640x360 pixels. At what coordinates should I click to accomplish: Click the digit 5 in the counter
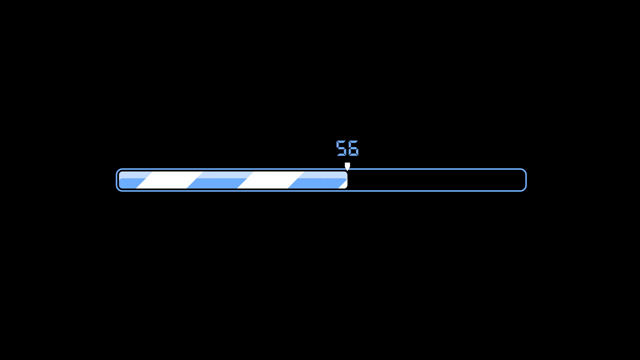341,148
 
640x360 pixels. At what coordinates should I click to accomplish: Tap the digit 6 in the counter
353,148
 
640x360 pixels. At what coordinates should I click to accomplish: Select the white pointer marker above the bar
347,165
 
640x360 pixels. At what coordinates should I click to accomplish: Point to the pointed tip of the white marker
347,170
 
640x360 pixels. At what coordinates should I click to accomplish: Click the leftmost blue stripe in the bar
132,180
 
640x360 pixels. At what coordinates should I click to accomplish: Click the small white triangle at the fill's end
344,185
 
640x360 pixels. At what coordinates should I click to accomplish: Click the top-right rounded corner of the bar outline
524,171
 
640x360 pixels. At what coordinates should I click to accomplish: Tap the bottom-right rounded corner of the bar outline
524,189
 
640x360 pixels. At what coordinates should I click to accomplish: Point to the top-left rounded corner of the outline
118,171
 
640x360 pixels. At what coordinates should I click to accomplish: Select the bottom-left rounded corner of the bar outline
118,189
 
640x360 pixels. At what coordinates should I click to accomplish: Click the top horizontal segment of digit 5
342,141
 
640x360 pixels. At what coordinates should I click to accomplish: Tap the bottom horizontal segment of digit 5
341,155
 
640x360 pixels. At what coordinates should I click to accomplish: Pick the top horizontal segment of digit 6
353,141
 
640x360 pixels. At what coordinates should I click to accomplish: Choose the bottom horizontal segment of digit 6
353,155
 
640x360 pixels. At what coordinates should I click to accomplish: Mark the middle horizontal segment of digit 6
353,148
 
